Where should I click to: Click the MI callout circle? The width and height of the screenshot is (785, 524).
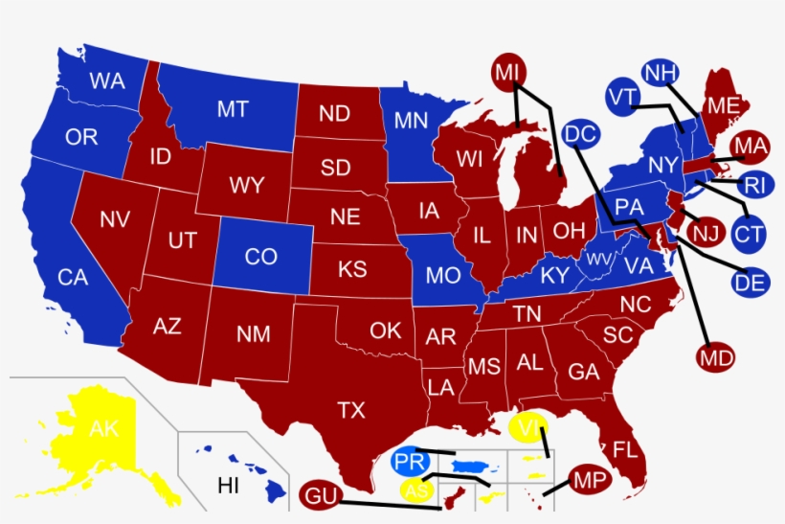pos(508,71)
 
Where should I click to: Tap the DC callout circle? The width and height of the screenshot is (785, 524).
pos(581,136)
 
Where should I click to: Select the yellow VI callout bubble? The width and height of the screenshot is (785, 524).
pos(527,427)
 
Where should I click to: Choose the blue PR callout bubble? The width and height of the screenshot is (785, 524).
pos(411,462)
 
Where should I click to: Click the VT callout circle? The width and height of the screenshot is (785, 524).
pos(622,97)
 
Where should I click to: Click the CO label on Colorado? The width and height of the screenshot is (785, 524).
pos(260,257)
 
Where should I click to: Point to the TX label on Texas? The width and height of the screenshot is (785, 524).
pos(351,410)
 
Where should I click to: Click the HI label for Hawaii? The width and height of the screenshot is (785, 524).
pos(228,485)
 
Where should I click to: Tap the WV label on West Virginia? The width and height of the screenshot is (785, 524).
pos(600,261)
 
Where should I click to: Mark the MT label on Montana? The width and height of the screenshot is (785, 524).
pos(233,109)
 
